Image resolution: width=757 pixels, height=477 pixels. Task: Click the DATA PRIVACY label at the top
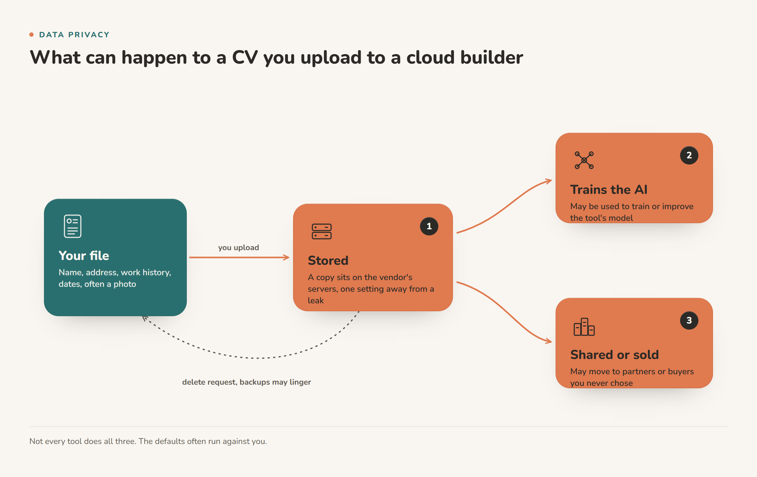click(74, 35)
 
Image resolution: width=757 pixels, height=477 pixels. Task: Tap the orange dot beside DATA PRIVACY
click(31, 35)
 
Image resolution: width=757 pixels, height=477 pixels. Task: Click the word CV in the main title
click(244, 57)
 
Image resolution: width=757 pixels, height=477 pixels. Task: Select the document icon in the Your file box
click(73, 226)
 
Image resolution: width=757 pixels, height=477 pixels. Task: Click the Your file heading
click(84, 256)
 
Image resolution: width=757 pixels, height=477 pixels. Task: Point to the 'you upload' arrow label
click(239, 247)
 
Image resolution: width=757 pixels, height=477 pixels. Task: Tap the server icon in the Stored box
click(322, 231)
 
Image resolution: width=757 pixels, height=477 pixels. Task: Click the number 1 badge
click(429, 226)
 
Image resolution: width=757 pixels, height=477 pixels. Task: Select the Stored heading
click(328, 261)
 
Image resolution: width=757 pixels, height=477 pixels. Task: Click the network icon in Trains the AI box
click(584, 160)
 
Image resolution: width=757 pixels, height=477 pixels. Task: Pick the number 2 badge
click(689, 155)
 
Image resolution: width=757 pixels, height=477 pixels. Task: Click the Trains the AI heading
click(609, 190)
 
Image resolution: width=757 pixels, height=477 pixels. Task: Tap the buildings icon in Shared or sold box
click(584, 327)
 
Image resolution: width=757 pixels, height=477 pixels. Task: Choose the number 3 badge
click(689, 320)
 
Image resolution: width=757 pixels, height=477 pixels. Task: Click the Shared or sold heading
click(614, 355)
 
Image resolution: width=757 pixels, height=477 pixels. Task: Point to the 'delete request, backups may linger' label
click(246, 382)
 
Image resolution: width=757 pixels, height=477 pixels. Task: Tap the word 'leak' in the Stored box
click(316, 300)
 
